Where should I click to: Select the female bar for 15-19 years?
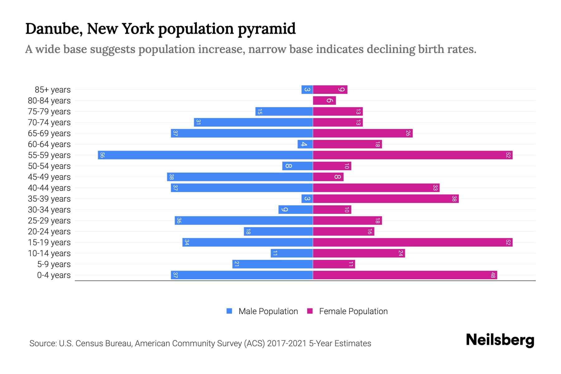click(x=412, y=242)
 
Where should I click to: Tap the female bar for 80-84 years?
click(x=324, y=101)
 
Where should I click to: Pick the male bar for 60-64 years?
click(x=305, y=144)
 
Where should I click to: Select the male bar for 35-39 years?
click(x=307, y=199)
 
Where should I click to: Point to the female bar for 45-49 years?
click(x=328, y=177)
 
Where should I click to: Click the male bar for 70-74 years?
click(x=253, y=122)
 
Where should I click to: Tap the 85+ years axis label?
click(x=53, y=90)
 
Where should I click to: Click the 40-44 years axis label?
click(x=49, y=188)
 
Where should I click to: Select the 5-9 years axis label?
click(x=54, y=264)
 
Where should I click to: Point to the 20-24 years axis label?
click(x=49, y=232)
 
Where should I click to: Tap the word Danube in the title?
click(x=53, y=29)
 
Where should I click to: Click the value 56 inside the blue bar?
click(x=102, y=155)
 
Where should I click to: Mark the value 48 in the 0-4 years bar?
click(x=493, y=275)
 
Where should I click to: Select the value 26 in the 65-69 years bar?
click(x=408, y=133)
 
